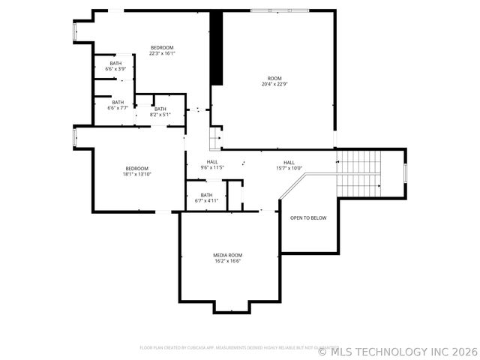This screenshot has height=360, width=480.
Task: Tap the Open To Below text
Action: (x=308, y=217)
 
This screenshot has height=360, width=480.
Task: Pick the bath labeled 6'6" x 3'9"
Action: (x=115, y=66)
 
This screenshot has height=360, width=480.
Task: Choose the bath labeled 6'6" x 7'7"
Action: (x=118, y=105)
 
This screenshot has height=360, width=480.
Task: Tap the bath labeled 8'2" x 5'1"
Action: (x=160, y=112)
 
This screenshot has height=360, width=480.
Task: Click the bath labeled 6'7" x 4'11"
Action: (x=206, y=198)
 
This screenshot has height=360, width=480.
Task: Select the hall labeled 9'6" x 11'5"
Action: (x=212, y=165)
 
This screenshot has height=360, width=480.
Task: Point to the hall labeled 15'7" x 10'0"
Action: (x=289, y=165)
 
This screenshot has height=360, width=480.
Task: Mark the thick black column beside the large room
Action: (x=216, y=48)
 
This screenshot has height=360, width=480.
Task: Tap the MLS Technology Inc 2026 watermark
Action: (x=397, y=350)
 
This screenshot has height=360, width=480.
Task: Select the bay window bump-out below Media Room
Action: (x=232, y=306)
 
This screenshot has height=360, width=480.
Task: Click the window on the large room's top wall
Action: (x=279, y=10)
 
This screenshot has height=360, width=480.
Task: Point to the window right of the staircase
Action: (x=405, y=172)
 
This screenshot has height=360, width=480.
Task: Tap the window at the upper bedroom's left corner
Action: (x=74, y=31)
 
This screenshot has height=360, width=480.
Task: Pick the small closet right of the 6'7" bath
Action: (x=235, y=196)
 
